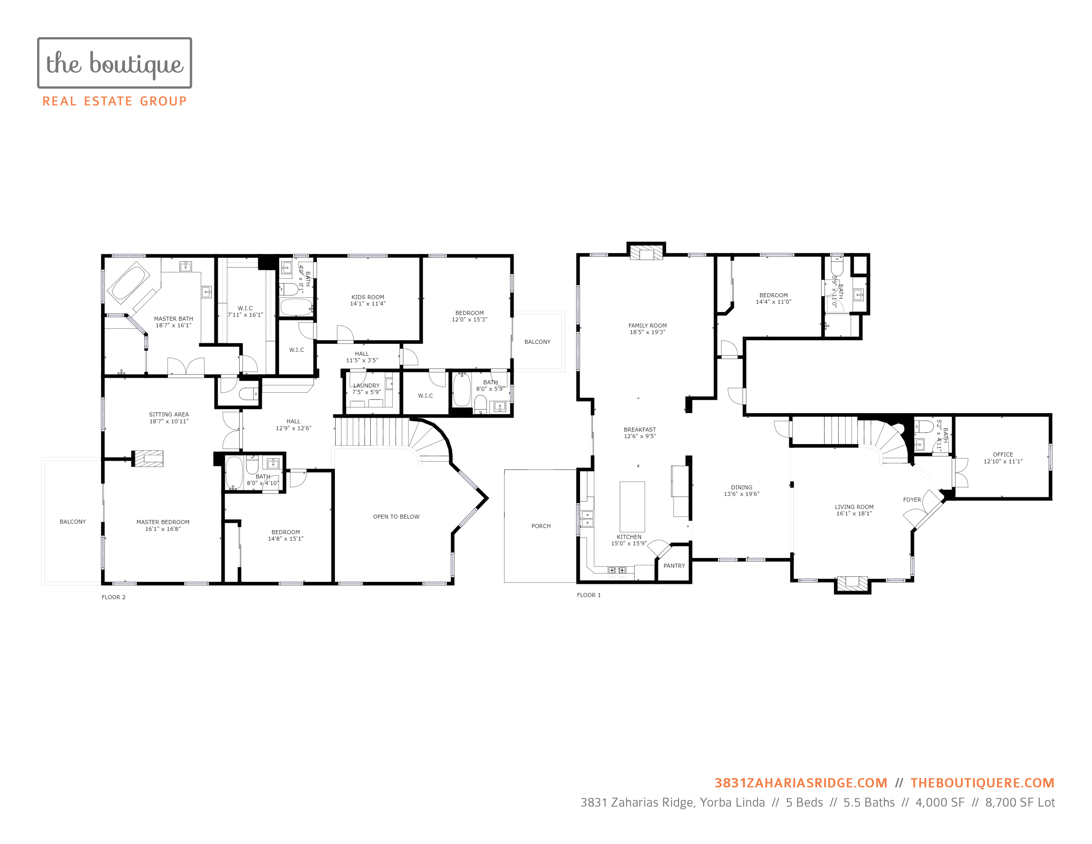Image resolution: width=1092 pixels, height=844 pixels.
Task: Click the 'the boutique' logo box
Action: (114, 63)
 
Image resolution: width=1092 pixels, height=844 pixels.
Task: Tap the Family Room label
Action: (648, 325)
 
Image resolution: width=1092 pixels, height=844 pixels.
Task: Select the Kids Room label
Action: (368, 297)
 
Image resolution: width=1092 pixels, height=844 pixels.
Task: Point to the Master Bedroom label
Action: (163, 522)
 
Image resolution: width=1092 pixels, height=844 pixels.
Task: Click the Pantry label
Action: (674, 566)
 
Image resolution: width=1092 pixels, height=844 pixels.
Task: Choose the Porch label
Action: (541, 526)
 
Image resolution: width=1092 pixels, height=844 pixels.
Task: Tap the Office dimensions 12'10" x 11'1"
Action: (1003, 461)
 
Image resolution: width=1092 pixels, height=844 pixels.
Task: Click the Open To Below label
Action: (396, 517)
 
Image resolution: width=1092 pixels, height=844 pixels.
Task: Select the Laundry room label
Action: (367, 386)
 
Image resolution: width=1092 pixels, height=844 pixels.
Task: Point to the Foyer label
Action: (912, 499)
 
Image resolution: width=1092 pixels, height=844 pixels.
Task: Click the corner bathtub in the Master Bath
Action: (129, 283)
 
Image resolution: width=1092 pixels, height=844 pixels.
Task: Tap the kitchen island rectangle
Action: (632, 506)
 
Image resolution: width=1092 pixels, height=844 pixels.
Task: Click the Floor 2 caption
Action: (114, 597)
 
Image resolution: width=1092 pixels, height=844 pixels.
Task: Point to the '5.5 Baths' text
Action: (869, 803)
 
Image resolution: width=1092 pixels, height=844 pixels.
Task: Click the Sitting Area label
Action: (169, 414)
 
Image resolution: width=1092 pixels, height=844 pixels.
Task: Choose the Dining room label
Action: (742, 488)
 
